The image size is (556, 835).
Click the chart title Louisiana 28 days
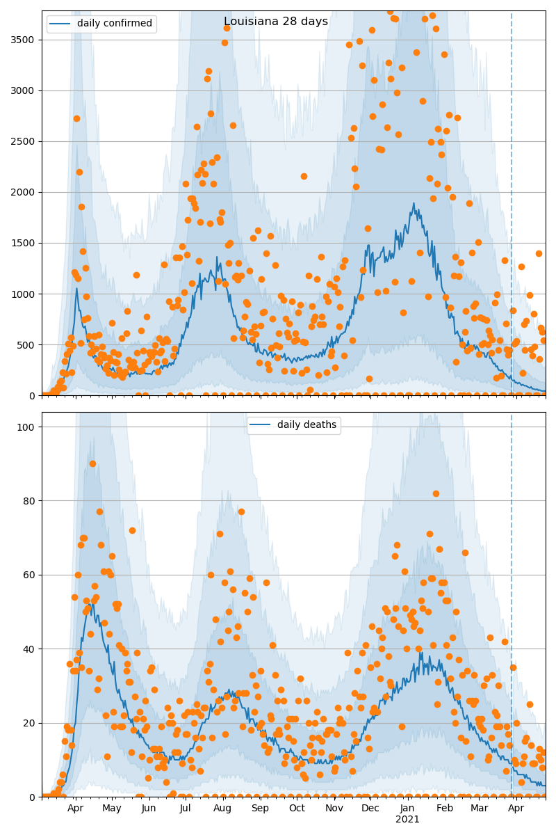click(x=276, y=22)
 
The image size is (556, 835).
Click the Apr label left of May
click(x=75, y=809)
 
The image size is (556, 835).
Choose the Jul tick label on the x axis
click(x=186, y=809)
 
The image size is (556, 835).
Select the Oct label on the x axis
click(x=297, y=809)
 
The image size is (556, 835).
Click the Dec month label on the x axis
click(x=370, y=809)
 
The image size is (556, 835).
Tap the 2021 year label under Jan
click(x=407, y=819)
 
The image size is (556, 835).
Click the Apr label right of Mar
click(x=516, y=809)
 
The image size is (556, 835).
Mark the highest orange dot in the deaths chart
click(x=92, y=463)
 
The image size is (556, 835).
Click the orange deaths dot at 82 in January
click(x=436, y=493)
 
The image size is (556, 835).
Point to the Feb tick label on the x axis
click(x=445, y=809)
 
